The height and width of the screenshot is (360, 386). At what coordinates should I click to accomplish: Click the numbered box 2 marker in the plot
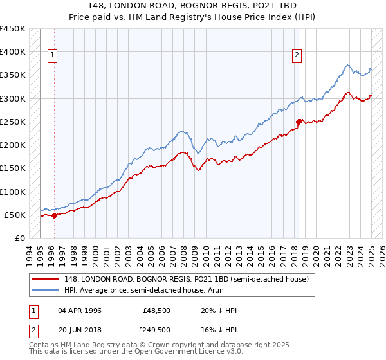coord(297,55)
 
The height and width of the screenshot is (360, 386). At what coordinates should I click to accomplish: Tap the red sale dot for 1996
coord(54,216)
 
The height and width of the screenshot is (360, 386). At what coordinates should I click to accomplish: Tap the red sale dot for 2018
coord(299,122)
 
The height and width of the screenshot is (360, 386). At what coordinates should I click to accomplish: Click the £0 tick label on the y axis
coord(19,239)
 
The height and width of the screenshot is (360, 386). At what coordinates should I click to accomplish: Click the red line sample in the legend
coord(46,279)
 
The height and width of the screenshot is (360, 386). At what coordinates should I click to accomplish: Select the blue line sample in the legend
coord(46,290)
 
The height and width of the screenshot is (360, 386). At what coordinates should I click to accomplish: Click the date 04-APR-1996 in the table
coord(80,310)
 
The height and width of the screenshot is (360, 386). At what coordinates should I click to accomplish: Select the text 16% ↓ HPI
coord(219,329)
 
